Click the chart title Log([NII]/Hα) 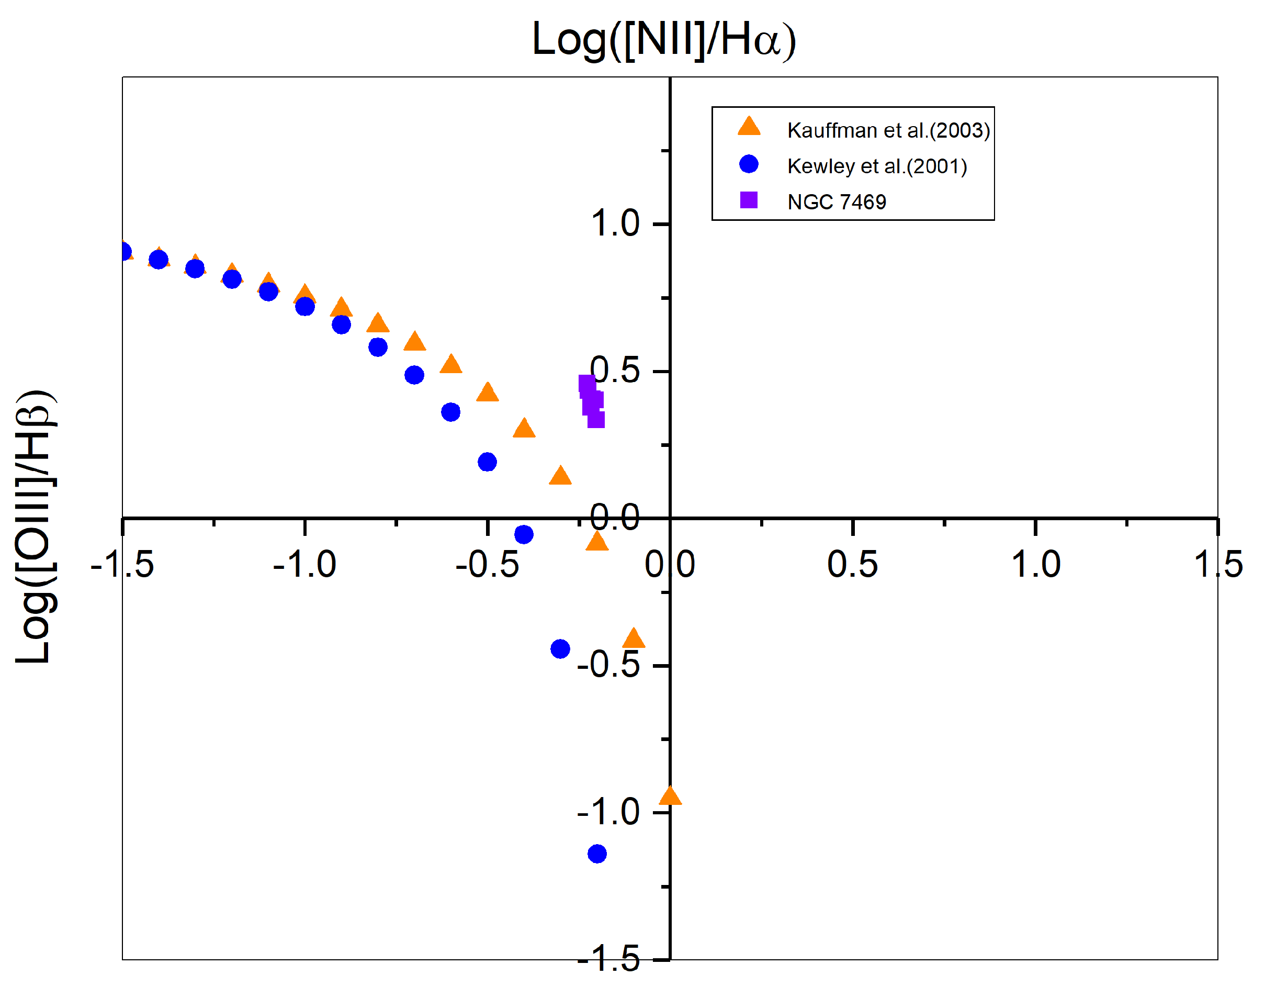(x=663, y=40)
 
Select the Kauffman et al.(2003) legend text (x=888, y=130)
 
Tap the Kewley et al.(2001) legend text (x=877, y=166)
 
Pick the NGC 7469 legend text (x=837, y=202)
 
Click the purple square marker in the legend (x=749, y=200)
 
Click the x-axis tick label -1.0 (x=304, y=565)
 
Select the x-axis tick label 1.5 (x=1218, y=565)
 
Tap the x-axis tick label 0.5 (x=852, y=565)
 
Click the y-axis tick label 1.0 (x=615, y=224)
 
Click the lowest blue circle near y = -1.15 (x=597, y=854)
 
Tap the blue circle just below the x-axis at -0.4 (x=524, y=534)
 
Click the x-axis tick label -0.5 (x=487, y=565)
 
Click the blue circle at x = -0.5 (x=487, y=462)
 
